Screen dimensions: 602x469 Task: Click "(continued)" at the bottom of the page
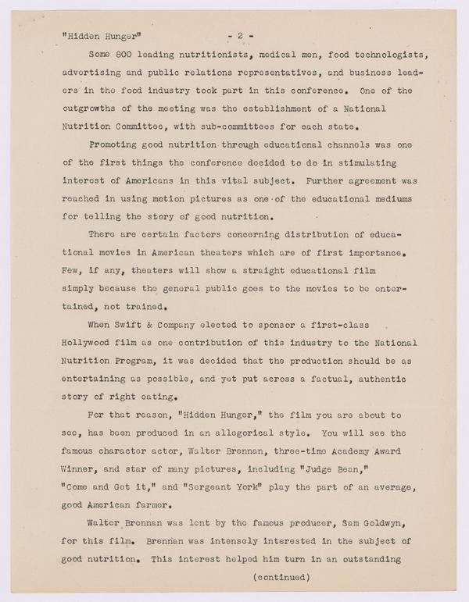(282, 578)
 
